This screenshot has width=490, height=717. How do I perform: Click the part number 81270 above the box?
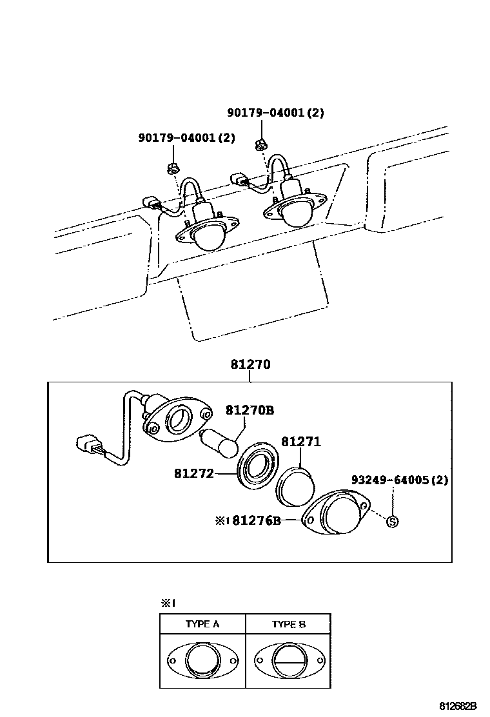click(x=251, y=364)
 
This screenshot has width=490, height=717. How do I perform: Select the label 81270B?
click(x=250, y=410)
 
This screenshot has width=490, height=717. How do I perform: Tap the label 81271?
click(x=300, y=442)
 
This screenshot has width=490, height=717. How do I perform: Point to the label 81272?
click(x=194, y=473)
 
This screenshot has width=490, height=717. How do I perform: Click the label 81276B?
click(x=257, y=520)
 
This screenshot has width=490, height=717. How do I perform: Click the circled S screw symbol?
click(x=392, y=521)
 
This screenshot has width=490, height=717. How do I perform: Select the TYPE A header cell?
click(x=202, y=624)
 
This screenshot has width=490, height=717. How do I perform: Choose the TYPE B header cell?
click(x=288, y=624)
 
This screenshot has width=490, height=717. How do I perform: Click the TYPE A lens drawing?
click(x=202, y=660)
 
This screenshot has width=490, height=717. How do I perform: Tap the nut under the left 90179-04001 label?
click(x=172, y=168)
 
